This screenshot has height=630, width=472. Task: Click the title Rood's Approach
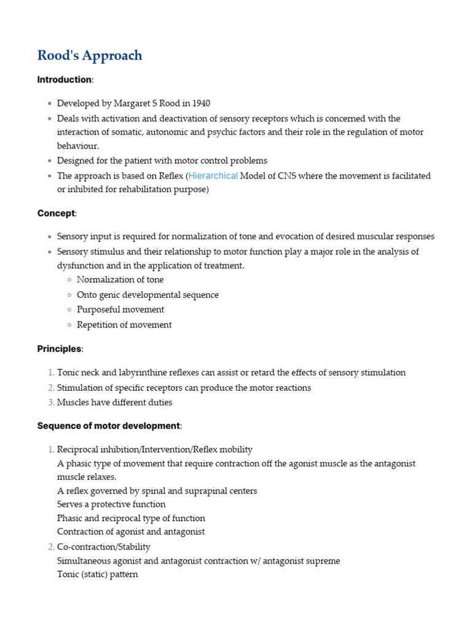pos(90,55)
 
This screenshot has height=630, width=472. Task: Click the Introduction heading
pos(64,80)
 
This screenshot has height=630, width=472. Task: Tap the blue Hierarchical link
pos(213,176)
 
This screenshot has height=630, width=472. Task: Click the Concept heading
pos(56,213)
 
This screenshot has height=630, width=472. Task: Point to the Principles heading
pos(59,349)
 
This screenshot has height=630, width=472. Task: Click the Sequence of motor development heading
pos(109,426)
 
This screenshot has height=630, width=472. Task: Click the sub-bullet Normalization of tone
pos(120,280)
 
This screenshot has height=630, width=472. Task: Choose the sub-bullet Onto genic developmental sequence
pos(147,295)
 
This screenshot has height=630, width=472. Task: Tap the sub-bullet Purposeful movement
pos(120,309)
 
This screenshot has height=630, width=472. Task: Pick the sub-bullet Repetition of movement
pos(124,325)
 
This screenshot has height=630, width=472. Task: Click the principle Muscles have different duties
pos(114,402)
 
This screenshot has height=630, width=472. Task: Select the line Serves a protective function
pos(111,504)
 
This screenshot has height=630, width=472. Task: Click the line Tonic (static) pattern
pos(97,575)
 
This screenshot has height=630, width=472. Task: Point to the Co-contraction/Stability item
pos(103,547)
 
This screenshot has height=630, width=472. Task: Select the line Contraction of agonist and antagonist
pos(131,532)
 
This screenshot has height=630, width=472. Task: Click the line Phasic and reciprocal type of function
pos(131,518)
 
